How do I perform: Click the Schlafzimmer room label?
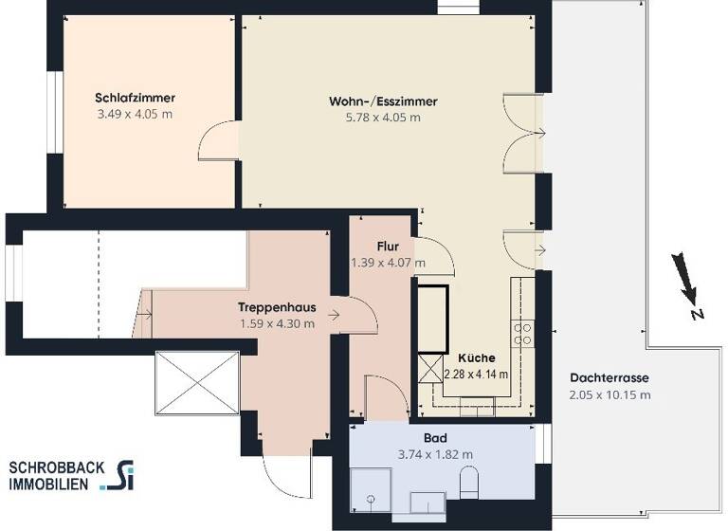click(x=136, y=98)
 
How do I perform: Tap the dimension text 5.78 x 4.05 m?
click(x=383, y=118)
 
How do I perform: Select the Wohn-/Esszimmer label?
click(x=383, y=101)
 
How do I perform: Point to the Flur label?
click(x=387, y=247)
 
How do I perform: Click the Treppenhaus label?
click(x=277, y=307)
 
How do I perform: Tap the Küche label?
click(x=476, y=358)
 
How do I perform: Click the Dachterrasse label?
click(x=610, y=377)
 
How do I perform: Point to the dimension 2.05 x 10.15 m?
click(x=610, y=394)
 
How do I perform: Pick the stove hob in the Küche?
click(x=522, y=332)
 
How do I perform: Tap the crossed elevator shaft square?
click(x=197, y=382)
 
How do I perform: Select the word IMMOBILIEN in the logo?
click(x=48, y=484)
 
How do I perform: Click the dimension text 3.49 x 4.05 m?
click(x=136, y=114)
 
